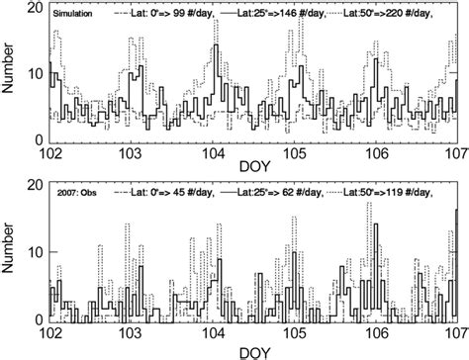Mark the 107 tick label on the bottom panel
(455, 332)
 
